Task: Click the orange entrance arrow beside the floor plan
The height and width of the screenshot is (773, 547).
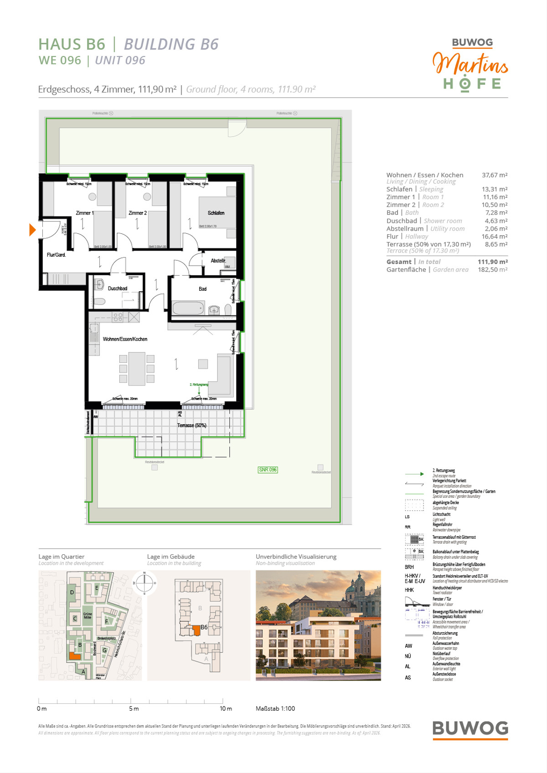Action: click(32, 229)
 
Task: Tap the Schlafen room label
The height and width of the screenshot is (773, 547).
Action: click(216, 213)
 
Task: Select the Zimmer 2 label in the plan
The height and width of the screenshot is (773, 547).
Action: click(137, 213)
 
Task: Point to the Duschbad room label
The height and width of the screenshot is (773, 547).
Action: click(117, 289)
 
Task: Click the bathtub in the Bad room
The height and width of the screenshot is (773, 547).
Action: click(188, 309)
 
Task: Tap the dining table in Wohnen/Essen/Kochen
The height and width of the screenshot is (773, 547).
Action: click(136, 369)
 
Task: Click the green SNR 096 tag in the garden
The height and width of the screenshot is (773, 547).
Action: click(268, 469)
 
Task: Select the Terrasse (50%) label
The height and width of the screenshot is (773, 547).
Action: click(191, 425)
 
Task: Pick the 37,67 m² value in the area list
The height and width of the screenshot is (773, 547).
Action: click(494, 175)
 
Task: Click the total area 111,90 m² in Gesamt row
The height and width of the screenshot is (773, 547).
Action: click(492, 262)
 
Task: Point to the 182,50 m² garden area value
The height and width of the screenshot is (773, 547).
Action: click(492, 269)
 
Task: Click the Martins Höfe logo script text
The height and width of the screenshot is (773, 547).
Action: click(470, 64)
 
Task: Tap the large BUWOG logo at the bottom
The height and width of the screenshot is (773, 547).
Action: click(470, 728)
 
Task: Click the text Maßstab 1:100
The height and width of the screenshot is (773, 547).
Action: click(275, 708)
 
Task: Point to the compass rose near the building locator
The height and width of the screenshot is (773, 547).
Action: click(144, 583)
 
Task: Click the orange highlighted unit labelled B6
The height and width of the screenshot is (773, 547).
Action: click(196, 630)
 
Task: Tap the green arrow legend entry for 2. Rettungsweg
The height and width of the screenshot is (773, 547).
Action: click(414, 474)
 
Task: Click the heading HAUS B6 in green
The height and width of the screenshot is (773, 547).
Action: click(72, 44)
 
